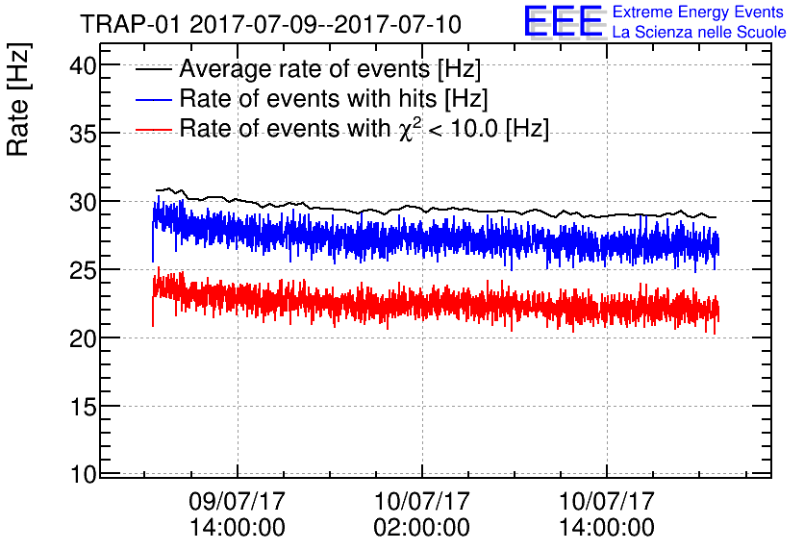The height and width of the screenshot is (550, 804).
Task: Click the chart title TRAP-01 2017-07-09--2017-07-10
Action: (270, 23)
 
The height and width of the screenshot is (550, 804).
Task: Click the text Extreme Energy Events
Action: (698, 13)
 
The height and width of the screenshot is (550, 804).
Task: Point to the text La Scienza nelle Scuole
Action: (698, 33)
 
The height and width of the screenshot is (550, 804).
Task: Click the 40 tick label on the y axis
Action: (87, 66)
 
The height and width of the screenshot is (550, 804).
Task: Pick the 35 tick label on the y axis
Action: (87, 134)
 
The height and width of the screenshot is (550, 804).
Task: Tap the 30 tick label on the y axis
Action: (87, 202)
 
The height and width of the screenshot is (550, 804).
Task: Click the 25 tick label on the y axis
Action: (87, 270)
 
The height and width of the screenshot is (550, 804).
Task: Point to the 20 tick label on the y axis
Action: (87, 338)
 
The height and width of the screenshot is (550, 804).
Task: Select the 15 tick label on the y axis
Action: (87, 407)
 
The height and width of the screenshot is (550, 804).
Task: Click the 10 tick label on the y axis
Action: (87, 474)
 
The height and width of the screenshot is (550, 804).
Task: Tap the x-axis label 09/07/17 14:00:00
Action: (237, 514)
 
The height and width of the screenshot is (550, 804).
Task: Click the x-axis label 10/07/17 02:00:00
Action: (422, 514)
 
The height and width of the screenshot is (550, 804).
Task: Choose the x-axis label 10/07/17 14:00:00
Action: (607, 514)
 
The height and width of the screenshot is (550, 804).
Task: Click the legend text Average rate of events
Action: (330, 70)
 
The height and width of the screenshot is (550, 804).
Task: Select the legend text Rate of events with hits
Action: (334, 99)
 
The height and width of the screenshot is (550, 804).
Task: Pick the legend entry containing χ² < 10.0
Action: (364, 129)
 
